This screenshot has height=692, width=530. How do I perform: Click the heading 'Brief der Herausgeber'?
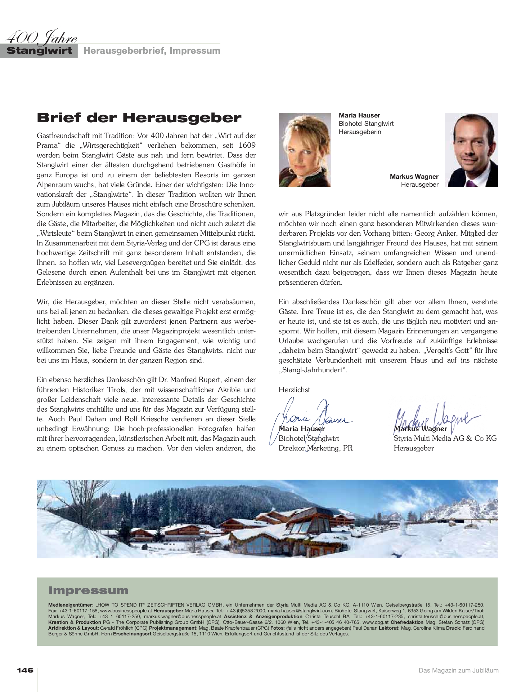pyautogui.click(x=139, y=118)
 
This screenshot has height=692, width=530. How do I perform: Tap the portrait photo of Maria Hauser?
pyautogui.click(x=305, y=150)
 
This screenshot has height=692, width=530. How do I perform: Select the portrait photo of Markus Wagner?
pyautogui.click(x=471, y=150)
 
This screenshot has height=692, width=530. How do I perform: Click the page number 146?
pyautogui.click(x=25, y=670)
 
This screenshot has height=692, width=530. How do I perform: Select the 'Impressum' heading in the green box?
pyautogui.click(x=88, y=590)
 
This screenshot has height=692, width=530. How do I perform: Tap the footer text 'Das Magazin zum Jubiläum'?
pyautogui.click(x=458, y=670)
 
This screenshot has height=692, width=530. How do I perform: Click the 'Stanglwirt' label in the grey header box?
pyautogui.click(x=40, y=50)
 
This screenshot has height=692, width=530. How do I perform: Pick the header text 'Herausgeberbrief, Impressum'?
pyautogui.click(x=152, y=50)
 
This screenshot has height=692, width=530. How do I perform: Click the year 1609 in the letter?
pyautogui.click(x=247, y=146)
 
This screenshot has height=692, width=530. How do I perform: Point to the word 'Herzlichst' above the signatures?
pyautogui.click(x=294, y=390)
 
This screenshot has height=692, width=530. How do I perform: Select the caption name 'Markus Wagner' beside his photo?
pyautogui.click(x=414, y=177)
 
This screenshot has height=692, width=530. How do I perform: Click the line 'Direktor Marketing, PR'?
pyautogui.click(x=315, y=448)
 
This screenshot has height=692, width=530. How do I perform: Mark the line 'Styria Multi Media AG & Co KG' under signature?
pyautogui.click(x=445, y=438)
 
